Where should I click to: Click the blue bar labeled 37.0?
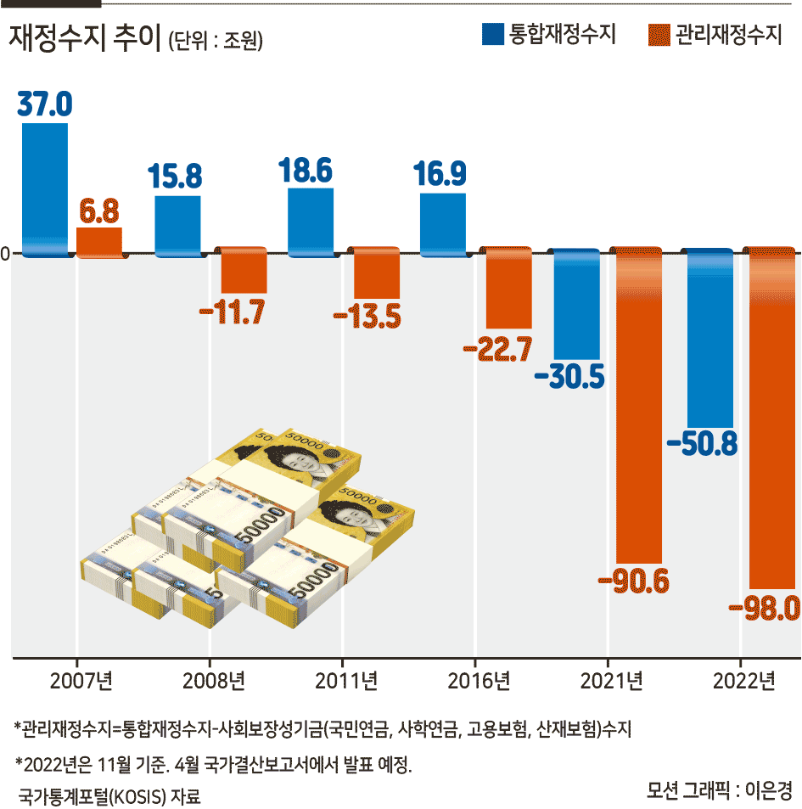click(x=45, y=189)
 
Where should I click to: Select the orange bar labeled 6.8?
click(x=99, y=242)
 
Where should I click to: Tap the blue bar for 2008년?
click(x=178, y=226)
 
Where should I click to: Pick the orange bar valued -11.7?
click(x=244, y=270)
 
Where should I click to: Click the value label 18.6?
click(x=306, y=171)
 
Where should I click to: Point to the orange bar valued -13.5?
click(x=377, y=273)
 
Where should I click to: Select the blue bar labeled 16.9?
click(x=443, y=224)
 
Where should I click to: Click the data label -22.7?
click(x=497, y=349)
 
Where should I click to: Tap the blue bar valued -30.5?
click(x=577, y=304)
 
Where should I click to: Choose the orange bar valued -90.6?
click(x=639, y=406)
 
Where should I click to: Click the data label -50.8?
click(x=703, y=443)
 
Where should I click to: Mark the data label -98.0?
click(x=765, y=608)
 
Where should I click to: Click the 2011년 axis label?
click(x=346, y=682)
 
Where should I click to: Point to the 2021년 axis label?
click(x=612, y=682)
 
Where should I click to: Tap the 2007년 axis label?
click(x=81, y=682)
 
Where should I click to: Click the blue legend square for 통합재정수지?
click(x=493, y=35)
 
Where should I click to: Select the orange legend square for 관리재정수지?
click(x=659, y=35)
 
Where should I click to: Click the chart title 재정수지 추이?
click(x=86, y=37)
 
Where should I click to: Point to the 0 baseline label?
click(x=5, y=254)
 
